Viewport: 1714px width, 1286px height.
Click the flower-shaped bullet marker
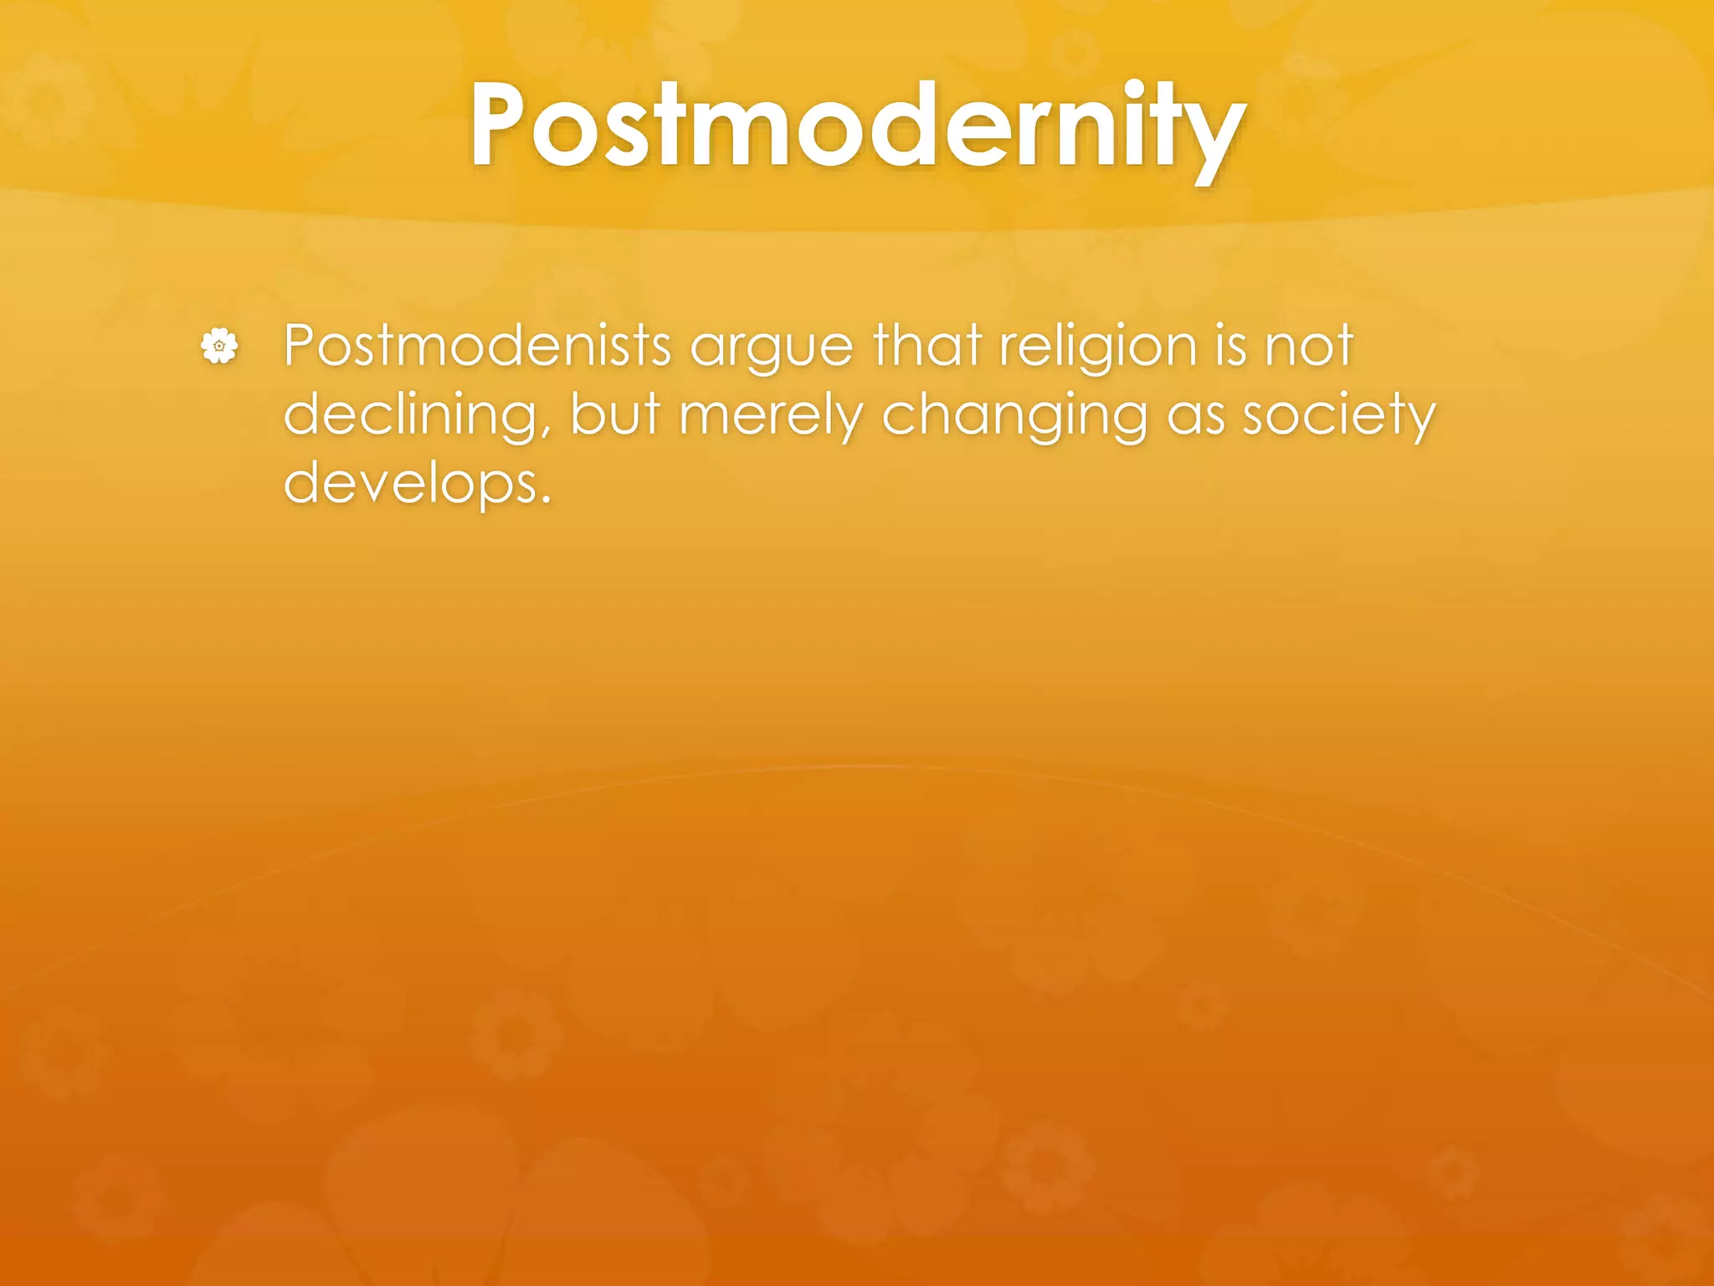click(219, 346)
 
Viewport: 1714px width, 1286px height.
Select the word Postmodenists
click(477, 345)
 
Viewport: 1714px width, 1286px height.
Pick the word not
click(1310, 345)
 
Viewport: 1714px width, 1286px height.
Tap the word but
click(615, 414)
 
